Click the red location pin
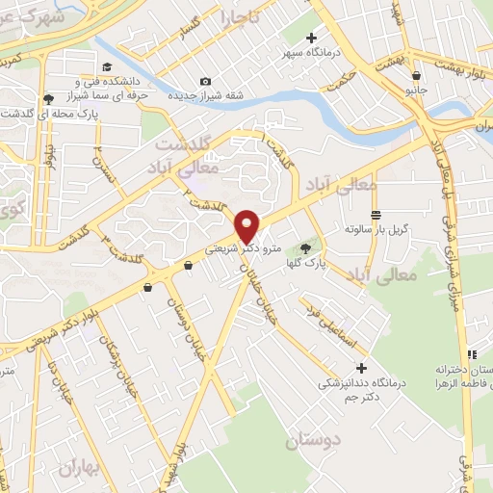tap(247, 225)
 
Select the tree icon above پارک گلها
tap(307, 249)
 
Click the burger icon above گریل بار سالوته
tap(375, 214)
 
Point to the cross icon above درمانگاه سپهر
tap(311, 38)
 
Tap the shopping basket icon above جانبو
tap(415, 75)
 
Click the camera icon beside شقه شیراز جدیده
tap(204, 82)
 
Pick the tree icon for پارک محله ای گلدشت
tap(48, 98)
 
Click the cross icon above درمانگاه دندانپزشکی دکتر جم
tap(361, 368)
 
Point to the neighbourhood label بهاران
tap(79, 469)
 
